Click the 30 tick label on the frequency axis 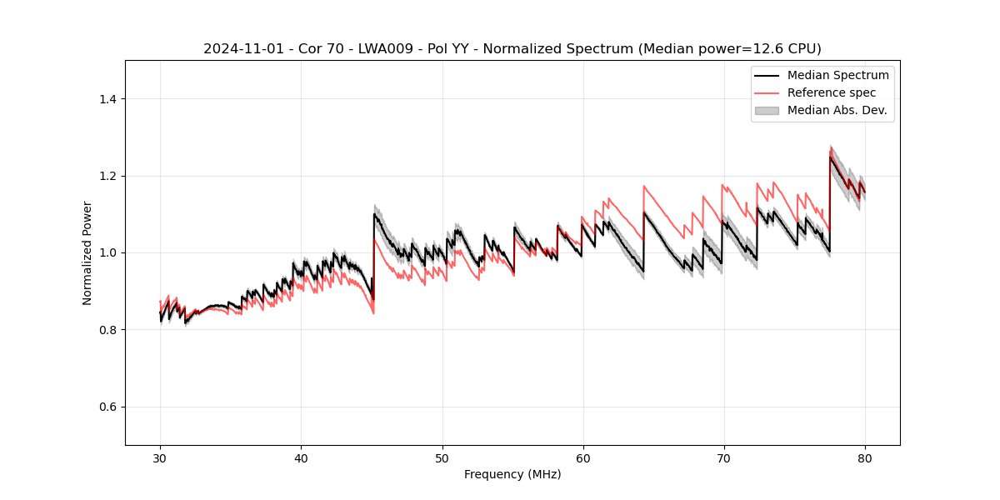pos(160,457)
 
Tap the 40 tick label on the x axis pos(301,457)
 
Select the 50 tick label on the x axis pos(442,457)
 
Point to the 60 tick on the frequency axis pos(583,457)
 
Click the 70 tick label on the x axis pos(724,457)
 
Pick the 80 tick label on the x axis pos(865,457)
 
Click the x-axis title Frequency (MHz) pos(512,474)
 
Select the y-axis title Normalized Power pos(87,252)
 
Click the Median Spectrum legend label pos(837,75)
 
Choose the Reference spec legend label pos(832,92)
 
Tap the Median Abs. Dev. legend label pos(837,110)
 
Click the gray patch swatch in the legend pos(767,110)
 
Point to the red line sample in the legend pos(767,92)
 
